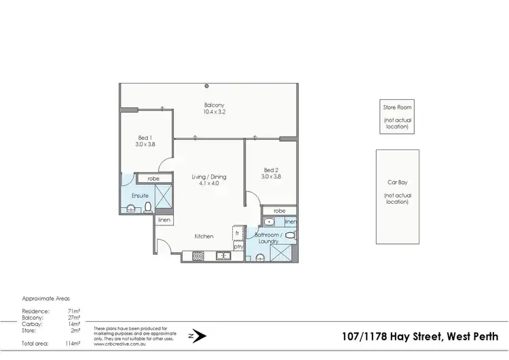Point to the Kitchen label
[204, 236]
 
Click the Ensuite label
[140, 196]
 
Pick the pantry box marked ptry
[238, 247]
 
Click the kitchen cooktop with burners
[199, 256]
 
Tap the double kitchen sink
[223, 256]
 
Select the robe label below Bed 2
[279, 211]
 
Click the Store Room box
[396, 116]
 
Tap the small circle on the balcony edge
[207, 86]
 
